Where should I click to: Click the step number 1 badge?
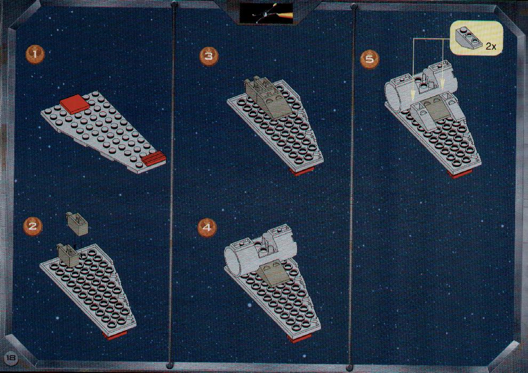tap(35, 55)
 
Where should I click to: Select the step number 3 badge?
tap(209, 56)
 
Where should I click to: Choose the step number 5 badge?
tap(370, 59)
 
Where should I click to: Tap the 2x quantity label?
tap(491, 46)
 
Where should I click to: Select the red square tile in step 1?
tap(75, 102)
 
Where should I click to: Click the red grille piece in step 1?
tap(153, 158)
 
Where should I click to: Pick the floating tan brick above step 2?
tap(78, 223)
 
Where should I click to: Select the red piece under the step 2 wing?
tap(115, 335)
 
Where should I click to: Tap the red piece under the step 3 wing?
tap(302, 171)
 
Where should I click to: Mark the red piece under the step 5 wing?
tap(461, 174)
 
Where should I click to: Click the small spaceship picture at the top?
tap(266, 13)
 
